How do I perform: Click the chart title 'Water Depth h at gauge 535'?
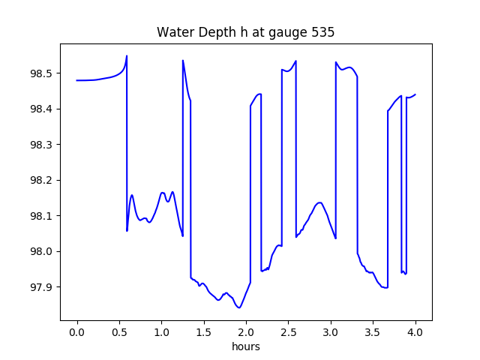point(245,33)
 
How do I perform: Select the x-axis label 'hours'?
point(245,347)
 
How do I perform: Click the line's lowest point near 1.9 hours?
point(239,307)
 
